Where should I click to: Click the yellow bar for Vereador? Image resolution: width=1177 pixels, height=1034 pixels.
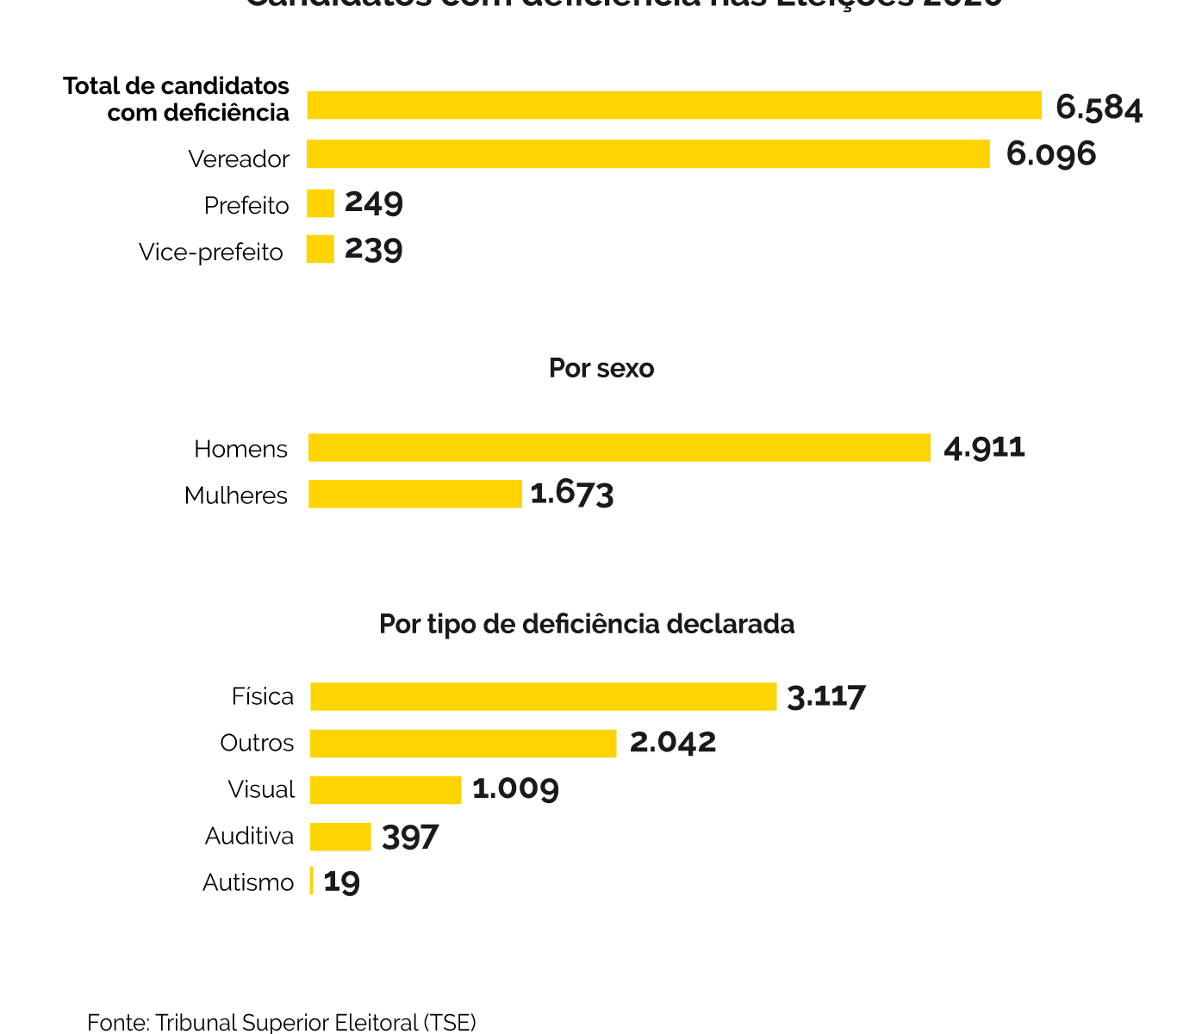pos(648,154)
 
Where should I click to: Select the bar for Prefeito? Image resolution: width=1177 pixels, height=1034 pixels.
pos(321,203)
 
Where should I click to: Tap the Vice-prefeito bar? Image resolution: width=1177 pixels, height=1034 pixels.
pos(321,250)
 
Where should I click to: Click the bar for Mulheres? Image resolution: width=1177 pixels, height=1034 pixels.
pos(415,494)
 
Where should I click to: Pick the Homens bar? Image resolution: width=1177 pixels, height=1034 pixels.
pos(619,448)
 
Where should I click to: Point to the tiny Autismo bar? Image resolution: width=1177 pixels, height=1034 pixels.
pos(311,881)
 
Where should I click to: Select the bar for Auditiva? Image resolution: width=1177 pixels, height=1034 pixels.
pos(340,837)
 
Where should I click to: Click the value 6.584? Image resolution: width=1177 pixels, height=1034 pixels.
pos(1099,108)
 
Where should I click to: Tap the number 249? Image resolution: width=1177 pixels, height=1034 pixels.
pos(374,203)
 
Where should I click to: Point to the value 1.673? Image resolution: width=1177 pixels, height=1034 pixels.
pos(572,494)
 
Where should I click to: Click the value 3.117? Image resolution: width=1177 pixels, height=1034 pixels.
pos(826,696)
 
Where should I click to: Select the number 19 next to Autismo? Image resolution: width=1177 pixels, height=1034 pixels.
pos(342,881)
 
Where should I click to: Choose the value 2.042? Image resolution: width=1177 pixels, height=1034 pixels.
pos(673,743)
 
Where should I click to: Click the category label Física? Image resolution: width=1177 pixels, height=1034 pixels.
pos(263,696)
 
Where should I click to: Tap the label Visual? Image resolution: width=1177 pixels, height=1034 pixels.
pos(261,789)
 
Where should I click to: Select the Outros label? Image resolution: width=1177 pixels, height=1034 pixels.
pos(257,743)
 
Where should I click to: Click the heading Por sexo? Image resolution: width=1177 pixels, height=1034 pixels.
pos(601,369)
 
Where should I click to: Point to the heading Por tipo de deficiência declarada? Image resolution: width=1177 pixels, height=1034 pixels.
pos(587,624)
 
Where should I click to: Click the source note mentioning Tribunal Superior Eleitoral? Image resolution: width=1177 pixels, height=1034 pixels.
pos(282,1023)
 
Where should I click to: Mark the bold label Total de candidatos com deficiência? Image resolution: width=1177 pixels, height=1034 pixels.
pos(177,99)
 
